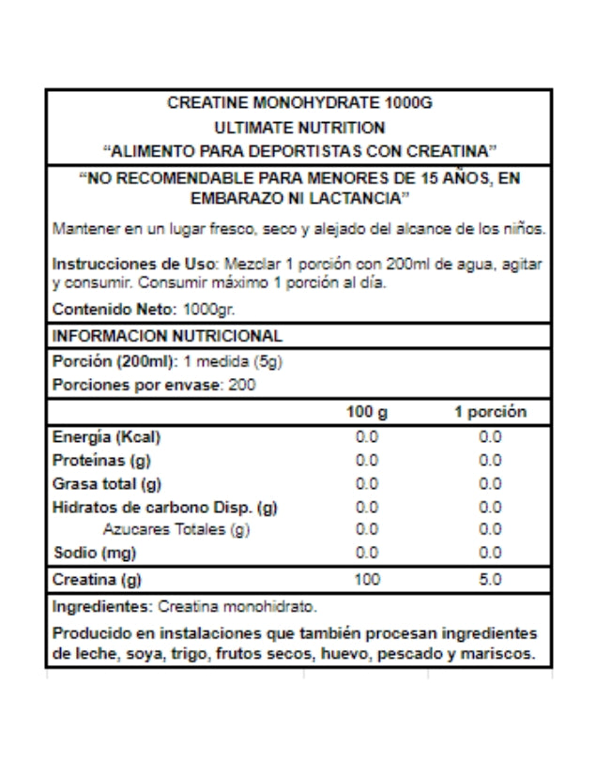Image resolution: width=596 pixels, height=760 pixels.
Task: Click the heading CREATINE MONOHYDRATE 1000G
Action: click(298, 103)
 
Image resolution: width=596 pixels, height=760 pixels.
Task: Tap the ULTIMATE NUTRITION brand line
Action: click(298, 127)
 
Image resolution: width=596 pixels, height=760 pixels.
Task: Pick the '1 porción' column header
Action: click(490, 412)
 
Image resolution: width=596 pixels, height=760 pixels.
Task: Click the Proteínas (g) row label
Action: click(102, 461)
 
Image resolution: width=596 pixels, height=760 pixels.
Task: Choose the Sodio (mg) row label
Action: click(95, 553)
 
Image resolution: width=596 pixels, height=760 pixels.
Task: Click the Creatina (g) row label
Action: click(102, 580)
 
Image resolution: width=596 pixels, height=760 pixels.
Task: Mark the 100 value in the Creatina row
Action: click(366, 580)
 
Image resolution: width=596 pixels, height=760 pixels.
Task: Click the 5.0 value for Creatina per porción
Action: click(490, 580)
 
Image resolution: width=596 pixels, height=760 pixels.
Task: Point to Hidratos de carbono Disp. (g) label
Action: click(164, 508)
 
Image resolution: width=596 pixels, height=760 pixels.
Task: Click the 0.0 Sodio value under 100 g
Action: click(366, 553)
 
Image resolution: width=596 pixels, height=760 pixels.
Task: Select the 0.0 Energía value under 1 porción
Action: click(490, 437)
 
